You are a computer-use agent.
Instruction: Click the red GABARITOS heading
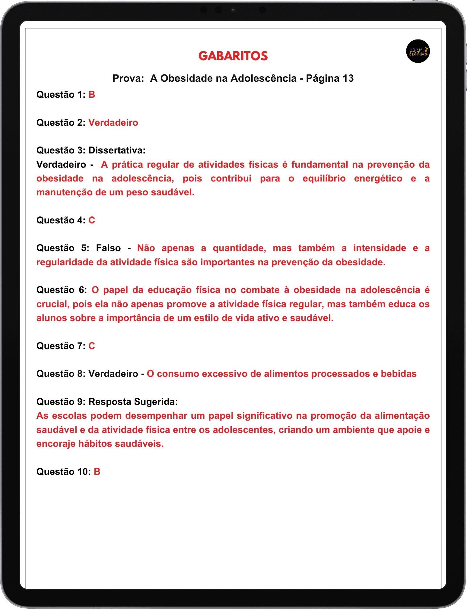[x=233, y=56]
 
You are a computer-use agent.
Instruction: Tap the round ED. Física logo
[x=418, y=51]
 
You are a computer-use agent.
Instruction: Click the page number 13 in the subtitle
[x=348, y=78]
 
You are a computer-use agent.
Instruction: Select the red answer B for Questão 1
[x=92, y=95]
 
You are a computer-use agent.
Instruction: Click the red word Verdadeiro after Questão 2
[x=113, y=123]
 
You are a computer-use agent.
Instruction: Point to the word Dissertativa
[x=117, y=150]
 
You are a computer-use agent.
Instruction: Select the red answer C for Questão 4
[x=92, y=220]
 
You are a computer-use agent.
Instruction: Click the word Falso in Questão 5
[x=108, y=248]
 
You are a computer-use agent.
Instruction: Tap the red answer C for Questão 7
[x=92, y=346]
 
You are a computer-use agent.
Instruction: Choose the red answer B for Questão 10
[x=97, y=472]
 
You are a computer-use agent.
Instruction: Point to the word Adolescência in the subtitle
[x=263, y=78]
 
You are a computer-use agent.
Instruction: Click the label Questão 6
[x=62, y=290]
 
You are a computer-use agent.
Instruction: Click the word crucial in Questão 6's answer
[x=53, y=304]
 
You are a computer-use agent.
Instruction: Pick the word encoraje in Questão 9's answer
[x=56, y=444]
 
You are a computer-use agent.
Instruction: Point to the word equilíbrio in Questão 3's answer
[x=324, y=178]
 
